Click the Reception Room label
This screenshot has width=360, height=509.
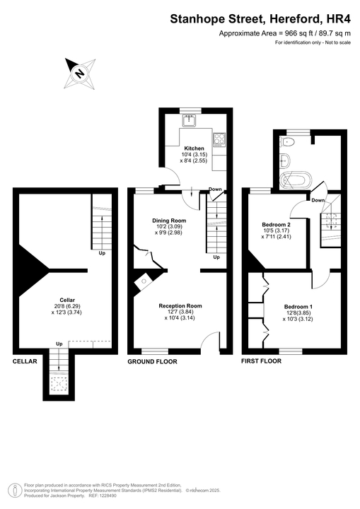(180, 306)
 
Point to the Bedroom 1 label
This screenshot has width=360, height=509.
(298, 307)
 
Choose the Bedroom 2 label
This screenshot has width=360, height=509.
(277, 224)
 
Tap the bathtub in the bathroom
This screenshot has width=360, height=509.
(293, 180)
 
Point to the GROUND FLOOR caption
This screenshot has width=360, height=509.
(152, 361)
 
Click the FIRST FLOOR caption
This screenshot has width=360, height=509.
(261, 361)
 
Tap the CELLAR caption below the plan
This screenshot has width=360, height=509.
(25, 361)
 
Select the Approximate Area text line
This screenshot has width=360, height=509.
(284, 34)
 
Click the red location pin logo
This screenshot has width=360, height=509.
(13, 489)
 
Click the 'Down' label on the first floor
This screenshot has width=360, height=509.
(318, 200)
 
